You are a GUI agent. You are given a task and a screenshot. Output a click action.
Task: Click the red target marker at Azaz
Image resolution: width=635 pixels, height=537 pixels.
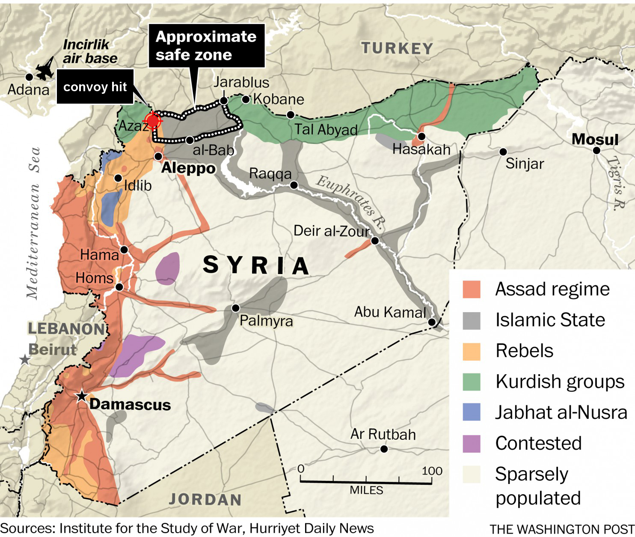click(x=152, y=121)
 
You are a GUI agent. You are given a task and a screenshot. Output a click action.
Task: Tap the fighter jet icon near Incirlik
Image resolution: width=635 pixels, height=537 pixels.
click(x=45, y=69)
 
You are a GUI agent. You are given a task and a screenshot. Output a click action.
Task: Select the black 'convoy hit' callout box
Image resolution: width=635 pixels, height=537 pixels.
click(x=95, y=87)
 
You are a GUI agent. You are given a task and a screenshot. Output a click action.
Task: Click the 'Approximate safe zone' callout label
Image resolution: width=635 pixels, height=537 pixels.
click(x=206, y=46)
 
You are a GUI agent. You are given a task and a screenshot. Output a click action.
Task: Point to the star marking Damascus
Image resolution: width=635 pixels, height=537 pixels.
click(x=81, y=396)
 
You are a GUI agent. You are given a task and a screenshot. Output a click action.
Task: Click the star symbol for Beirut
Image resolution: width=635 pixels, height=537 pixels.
click(x=25, y=359)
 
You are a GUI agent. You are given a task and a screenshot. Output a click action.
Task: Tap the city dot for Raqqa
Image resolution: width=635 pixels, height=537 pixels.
click(x=294, y=185)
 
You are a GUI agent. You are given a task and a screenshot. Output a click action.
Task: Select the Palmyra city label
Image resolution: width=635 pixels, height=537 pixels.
click(x=266, y=321)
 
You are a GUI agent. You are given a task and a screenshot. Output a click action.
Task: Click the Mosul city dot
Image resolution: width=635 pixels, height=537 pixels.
click(x=596, y=150)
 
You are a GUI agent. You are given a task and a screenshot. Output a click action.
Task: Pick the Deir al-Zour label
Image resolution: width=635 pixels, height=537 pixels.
click(x=332, y=231)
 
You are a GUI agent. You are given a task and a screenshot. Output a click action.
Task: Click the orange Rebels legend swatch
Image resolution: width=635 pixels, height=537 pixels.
click(x=472, y=351)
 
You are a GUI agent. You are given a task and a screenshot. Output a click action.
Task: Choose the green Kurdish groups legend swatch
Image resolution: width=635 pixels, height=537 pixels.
click(x=472, y=382)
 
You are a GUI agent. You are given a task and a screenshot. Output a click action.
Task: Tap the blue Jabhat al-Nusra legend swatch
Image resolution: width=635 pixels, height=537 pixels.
click(x=472, y=412)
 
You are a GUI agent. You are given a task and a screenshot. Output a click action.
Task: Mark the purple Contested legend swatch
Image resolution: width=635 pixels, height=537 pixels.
click(x=472, y=443)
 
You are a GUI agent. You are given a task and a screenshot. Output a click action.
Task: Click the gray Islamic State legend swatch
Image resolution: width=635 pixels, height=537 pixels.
click(x=472, y=320)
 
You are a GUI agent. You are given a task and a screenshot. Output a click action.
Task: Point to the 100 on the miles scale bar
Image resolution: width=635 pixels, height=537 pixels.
click(x=432, y=471)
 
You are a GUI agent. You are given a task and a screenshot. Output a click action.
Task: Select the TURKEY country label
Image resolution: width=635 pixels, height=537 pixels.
click(x=397, y=48)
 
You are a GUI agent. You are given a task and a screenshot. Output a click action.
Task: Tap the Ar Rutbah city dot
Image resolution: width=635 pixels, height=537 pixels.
click(x=384, y=449)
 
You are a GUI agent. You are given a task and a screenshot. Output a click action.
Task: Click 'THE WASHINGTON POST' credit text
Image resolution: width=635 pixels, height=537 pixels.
click(x=561, y=529)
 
